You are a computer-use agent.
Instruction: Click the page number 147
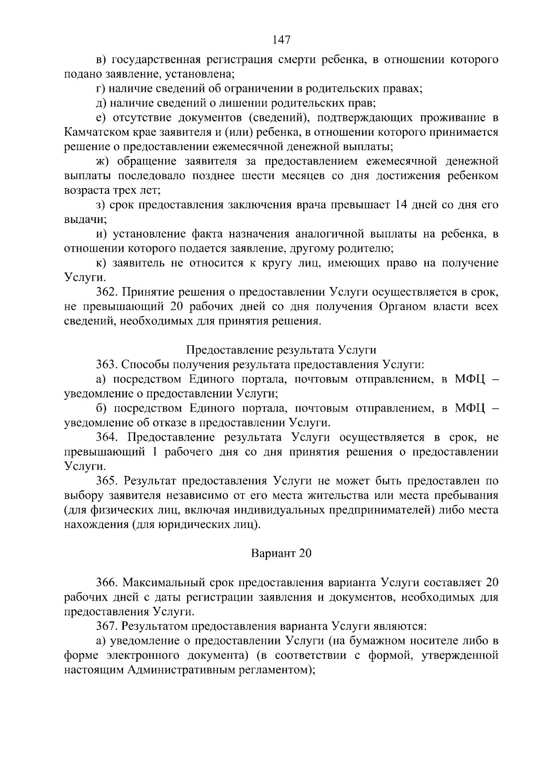(x=281, y=40)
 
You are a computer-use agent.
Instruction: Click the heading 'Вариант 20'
(x=281, y=554)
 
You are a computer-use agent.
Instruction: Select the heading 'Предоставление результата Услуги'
(x=281, y=350)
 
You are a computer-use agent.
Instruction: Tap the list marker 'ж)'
(x=103, y=162)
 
